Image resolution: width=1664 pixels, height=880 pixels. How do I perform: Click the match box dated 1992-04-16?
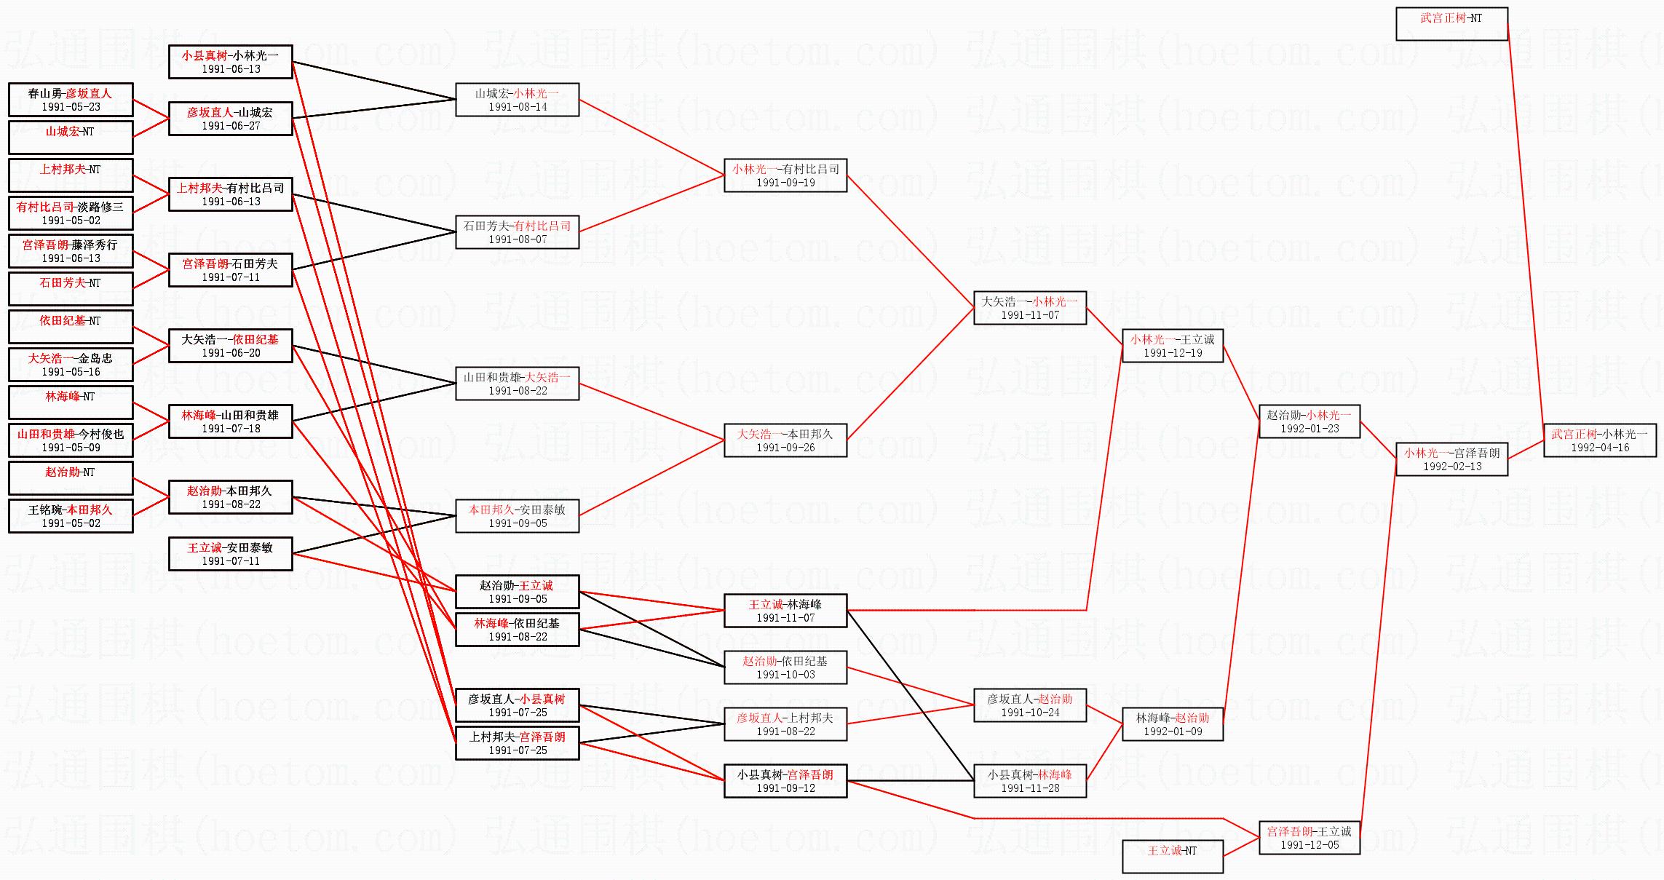pyautogui.click(x=1599, y=440)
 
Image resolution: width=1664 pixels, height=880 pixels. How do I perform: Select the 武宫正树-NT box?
pyautogui.click(x=1451, y=24)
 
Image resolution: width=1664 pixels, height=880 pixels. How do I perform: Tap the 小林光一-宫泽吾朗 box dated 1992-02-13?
pyautogui.click(x=1451, y=459)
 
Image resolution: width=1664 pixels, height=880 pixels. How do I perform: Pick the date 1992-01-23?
pyautogui.click(x=1310, y=429)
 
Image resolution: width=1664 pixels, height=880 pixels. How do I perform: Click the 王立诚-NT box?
pyautogui.click(x=1172, y=856)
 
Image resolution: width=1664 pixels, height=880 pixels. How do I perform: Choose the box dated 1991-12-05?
pyautogui.click(x=1309, y=838)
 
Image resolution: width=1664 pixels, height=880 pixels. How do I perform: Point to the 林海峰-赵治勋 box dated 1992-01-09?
pyautogui.click(x=1172, y=724)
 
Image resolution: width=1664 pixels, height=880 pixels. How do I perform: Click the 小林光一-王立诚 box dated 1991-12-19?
pyautogui.click(x=1172, y=346)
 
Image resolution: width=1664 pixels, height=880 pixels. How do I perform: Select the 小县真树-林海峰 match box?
pyautogui.click(x=1029, y=781)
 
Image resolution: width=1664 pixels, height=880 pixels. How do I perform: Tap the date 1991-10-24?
pyautogui.click(x=1029, y=713)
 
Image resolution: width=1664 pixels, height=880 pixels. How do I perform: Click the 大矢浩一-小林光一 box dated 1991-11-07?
pyautogui.click(x=1029, y=308)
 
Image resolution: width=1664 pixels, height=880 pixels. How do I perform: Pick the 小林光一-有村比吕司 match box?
pyautogui.click(x=785, y=175)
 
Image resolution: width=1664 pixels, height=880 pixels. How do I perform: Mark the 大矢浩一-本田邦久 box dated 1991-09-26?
pyautogui.click(x=785, y=440)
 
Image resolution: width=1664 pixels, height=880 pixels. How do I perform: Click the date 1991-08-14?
pyautogui.click(x=517, y=107)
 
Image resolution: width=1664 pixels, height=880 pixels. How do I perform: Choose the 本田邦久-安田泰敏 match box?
pyautogui.click(x=517, y=516)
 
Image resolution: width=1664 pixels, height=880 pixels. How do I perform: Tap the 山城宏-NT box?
pyautogui.click(x=71, y=138)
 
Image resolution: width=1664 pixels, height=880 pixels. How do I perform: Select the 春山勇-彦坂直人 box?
pyautogui.click(x=71, y=100)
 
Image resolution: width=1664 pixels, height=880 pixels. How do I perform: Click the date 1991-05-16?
pyautogui.click(x=71, y=372)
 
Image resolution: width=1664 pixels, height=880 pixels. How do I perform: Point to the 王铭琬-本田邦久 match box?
pyautogui.click(x=71, y=516)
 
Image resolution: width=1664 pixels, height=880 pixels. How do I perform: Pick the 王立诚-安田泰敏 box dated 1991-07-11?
pyautogui.click(x=230, y=554)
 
